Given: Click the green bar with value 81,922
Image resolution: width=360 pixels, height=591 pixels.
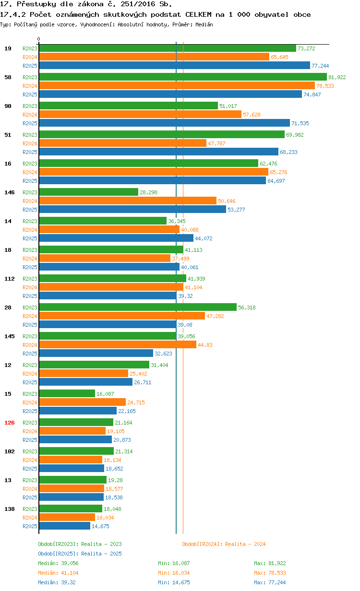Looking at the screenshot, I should tap(182, 77).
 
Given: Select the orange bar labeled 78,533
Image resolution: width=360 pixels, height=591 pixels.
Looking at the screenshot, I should tap(177, 85).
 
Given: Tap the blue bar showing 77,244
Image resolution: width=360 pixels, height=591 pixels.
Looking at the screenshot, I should tap(174, 65).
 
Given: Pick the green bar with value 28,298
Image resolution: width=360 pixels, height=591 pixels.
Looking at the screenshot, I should tap(88, 192).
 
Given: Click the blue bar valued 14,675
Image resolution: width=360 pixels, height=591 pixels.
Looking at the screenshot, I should tap(64, 526).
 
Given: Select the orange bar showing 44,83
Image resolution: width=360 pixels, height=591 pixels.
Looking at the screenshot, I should tap(118, 344).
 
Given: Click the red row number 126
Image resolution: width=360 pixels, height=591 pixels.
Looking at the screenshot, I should tap(9, 423).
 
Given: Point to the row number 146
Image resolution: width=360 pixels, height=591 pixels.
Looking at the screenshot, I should tap(9, 192).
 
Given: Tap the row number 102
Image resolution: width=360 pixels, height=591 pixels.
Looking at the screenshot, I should tap(9, 451).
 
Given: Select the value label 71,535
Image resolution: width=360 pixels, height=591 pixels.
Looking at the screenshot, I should tap(300, 123).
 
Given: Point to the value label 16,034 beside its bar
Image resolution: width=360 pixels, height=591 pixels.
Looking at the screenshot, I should tap(105, 518).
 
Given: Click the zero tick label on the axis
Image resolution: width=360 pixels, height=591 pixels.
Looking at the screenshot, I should tap(39, 39).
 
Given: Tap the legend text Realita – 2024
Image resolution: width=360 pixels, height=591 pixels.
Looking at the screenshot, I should tap(245, 544).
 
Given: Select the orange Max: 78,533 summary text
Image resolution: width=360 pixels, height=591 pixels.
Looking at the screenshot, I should tap(270, 573).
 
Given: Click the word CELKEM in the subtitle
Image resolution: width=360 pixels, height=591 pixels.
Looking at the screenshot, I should tap(198, 14).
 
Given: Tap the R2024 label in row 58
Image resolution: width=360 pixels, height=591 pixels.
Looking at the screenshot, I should tap(30, 86).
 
